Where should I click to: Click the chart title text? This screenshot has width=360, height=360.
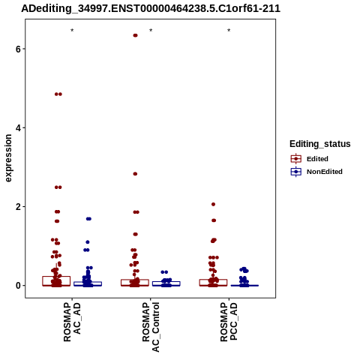(x=151, y=9)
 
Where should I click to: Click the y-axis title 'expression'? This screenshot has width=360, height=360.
(x=8, y=158)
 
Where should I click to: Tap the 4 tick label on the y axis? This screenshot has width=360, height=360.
(x=19, y=127)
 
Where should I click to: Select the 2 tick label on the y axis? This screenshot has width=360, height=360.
(x=19, y=207)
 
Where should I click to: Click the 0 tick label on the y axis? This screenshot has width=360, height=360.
(x=19, y=286)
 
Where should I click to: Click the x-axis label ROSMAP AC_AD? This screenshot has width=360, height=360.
(x=72, y=322)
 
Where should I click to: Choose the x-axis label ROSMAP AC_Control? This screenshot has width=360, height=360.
(x=151, y=327)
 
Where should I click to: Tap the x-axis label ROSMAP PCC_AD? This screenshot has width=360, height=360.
(x=229, y=322)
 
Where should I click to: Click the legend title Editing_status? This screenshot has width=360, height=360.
(x=319, y=144)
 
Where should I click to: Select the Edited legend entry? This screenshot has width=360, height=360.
(x=309, y=159)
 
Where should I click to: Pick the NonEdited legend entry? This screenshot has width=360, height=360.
(x=316, y=172)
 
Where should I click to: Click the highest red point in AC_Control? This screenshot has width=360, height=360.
(x=135, y=35)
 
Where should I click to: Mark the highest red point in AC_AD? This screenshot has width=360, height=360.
(x=58, y=94)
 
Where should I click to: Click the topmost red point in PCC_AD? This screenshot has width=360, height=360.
(x=213, y=204)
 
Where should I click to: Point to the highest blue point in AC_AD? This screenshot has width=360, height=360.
(x=88, y=219)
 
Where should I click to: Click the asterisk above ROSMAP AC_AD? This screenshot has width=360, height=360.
(x=72, y=31)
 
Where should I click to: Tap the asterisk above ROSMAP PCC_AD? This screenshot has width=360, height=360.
(x=229, y=31)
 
